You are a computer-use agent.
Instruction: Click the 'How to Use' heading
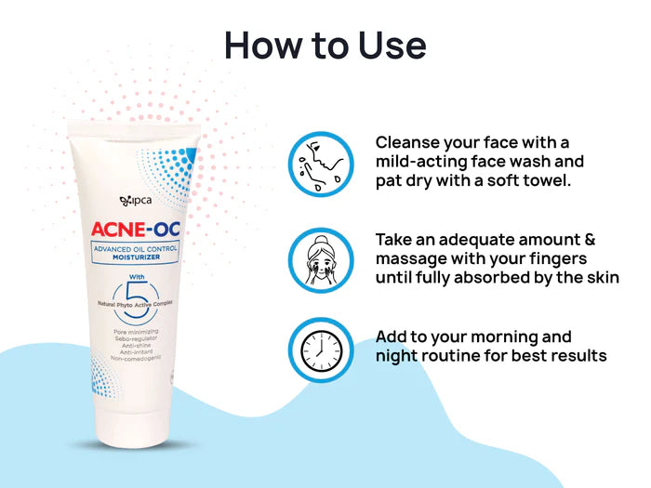(325, 44)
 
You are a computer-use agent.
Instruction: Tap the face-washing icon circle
(320, 163)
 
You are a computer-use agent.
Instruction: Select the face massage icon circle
(320, 257)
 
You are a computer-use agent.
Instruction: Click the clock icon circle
(320, 350)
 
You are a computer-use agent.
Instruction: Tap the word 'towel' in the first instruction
(544, 179)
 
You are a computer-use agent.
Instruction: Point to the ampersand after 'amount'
(589, 239)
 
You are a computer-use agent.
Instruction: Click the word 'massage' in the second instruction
(408, 257)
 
